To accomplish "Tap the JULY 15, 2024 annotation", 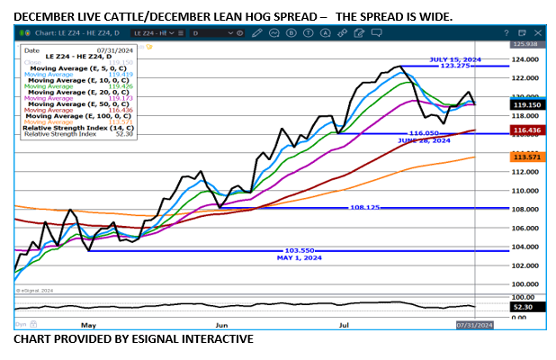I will [455, 59].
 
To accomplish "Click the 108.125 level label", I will [363, 208].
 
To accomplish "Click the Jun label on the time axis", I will [221, 323].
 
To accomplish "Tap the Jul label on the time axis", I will [343, 323].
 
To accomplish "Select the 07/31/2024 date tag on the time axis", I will [474, 324].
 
